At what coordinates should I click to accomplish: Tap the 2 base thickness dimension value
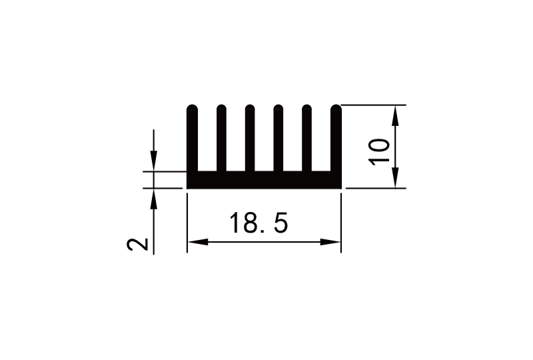pos(138,244)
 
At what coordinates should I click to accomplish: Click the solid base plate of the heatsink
pos(264,180)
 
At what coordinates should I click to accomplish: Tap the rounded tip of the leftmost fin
pos(193,108)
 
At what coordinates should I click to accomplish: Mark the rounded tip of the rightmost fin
pos(336,108)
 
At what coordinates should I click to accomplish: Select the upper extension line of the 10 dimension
pos(373,105)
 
